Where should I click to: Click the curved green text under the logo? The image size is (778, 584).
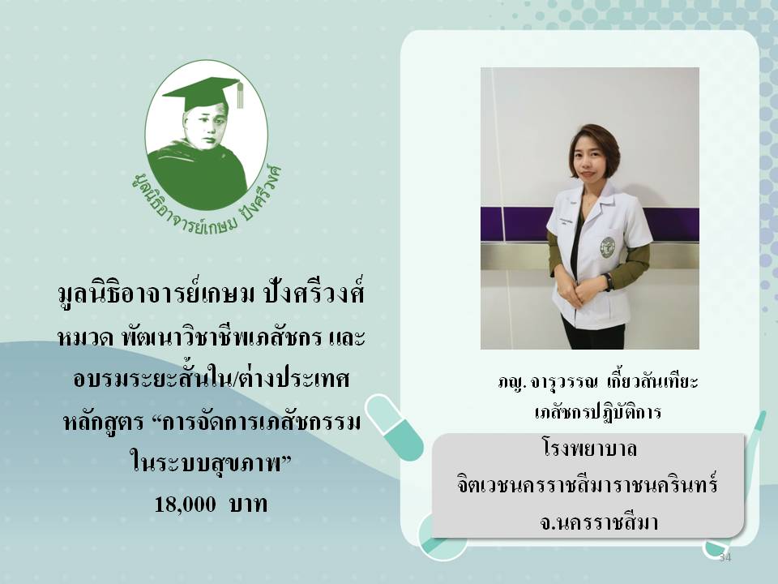(x=207, y=201)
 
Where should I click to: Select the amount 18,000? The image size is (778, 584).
(x=185, y=504)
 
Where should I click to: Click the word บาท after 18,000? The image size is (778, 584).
(x=248, y=504)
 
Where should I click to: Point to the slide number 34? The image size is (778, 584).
(x=725, y=557)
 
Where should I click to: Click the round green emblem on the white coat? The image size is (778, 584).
(x=607, y=247)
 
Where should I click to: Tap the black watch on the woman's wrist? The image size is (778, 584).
(x=609, y=281)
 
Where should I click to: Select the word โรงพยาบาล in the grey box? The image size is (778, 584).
(x=589, y=449)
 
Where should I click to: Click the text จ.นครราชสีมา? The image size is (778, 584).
(x=599, y=522)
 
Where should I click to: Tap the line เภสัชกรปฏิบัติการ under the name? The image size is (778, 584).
(x=598, y=412)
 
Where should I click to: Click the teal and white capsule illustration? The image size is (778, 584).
(x=395, y=427)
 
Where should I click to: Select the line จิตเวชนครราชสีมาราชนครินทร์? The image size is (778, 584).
(x=588, y=484)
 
